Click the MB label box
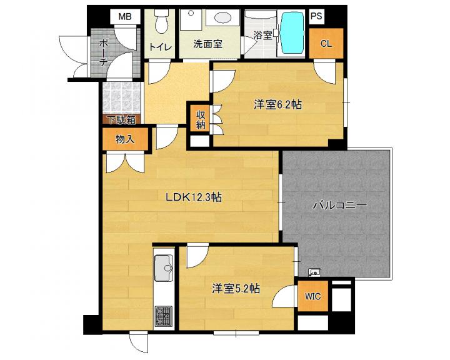[x=126, y=17]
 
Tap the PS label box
[x=316, y=16]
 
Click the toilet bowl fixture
[x=161, y=21]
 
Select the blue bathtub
[x=292, y=32]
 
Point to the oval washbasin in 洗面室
[x=222, y=17]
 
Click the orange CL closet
[x=326, y=43]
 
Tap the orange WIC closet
[x=313, y=296]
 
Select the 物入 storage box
[x=125, y=139]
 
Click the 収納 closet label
[x=201, y=120]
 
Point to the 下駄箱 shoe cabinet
[x=121, y=120]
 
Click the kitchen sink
[x=164, y=268]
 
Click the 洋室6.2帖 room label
[x=277, y=105]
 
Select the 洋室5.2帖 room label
[x=236, y=289]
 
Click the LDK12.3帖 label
[x=193, y=197]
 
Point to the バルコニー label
[x=340, y=205]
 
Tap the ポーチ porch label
[x=103, y=53]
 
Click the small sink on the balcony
[x=314, y=272]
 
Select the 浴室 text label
[x=262, y=35]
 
